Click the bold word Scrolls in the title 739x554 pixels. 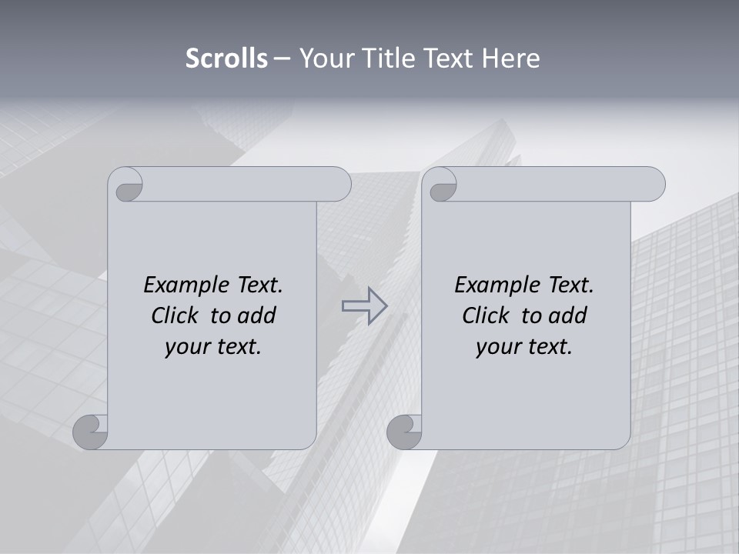(x=226, y=58)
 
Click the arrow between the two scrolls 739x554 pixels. (x=364, y=305)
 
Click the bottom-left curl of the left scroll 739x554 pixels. (x=91, y=432)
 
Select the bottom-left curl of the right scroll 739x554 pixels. (x=404, y=432)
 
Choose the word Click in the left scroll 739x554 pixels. (x=176, y=315)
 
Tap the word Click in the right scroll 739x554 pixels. (x=487, y=315)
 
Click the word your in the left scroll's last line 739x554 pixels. (x=187, y=347)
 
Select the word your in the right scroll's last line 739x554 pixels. (x=498, y=347)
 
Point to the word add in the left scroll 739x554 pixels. (x=256, y=315)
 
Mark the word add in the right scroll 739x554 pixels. (x=567, y=315)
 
